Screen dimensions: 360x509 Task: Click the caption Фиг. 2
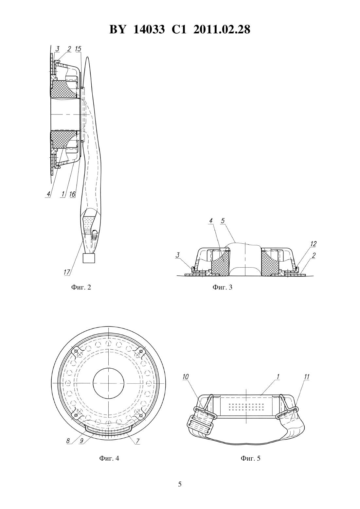click(81, 287)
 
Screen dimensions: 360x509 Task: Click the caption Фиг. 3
click(223, 287)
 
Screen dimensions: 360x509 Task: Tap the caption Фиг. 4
click(109, 458)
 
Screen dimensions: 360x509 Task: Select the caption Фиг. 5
click(250, 458)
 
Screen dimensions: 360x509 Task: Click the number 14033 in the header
click(149, 29)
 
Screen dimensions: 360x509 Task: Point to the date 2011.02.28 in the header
click(222, 29)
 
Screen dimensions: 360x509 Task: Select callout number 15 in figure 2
click(78, 49)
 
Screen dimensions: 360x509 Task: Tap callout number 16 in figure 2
click(73, 194)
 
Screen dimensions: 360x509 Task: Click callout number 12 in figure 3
click(314, 244)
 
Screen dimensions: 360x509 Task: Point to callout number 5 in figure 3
click(223, 220)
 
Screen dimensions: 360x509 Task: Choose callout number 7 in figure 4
click(138, 441)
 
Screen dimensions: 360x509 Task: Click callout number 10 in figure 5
click(186, 377)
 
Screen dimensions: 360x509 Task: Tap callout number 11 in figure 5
click(307, 377)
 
